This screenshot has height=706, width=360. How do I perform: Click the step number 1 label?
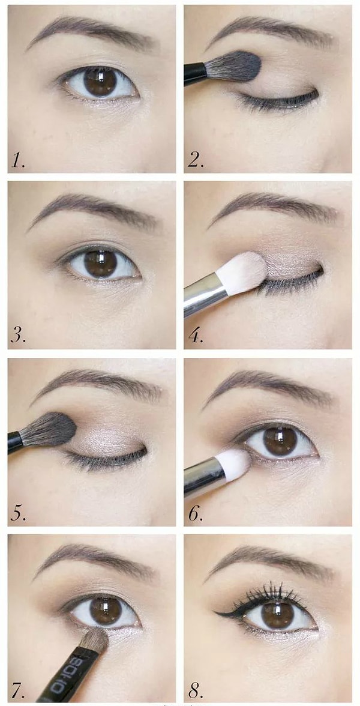point(18,161)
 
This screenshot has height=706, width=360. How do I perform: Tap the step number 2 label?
point(196,161)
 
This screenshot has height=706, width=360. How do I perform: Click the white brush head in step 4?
point(243,273)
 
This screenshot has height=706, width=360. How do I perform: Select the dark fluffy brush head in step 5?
point(49,430)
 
